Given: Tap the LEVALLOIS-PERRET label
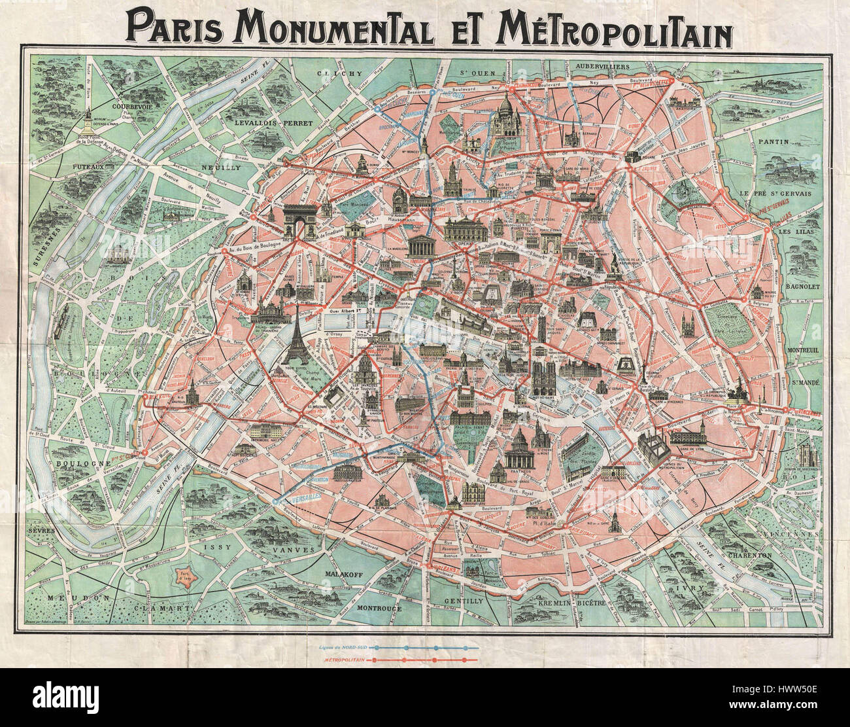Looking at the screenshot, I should coord(275,122).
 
